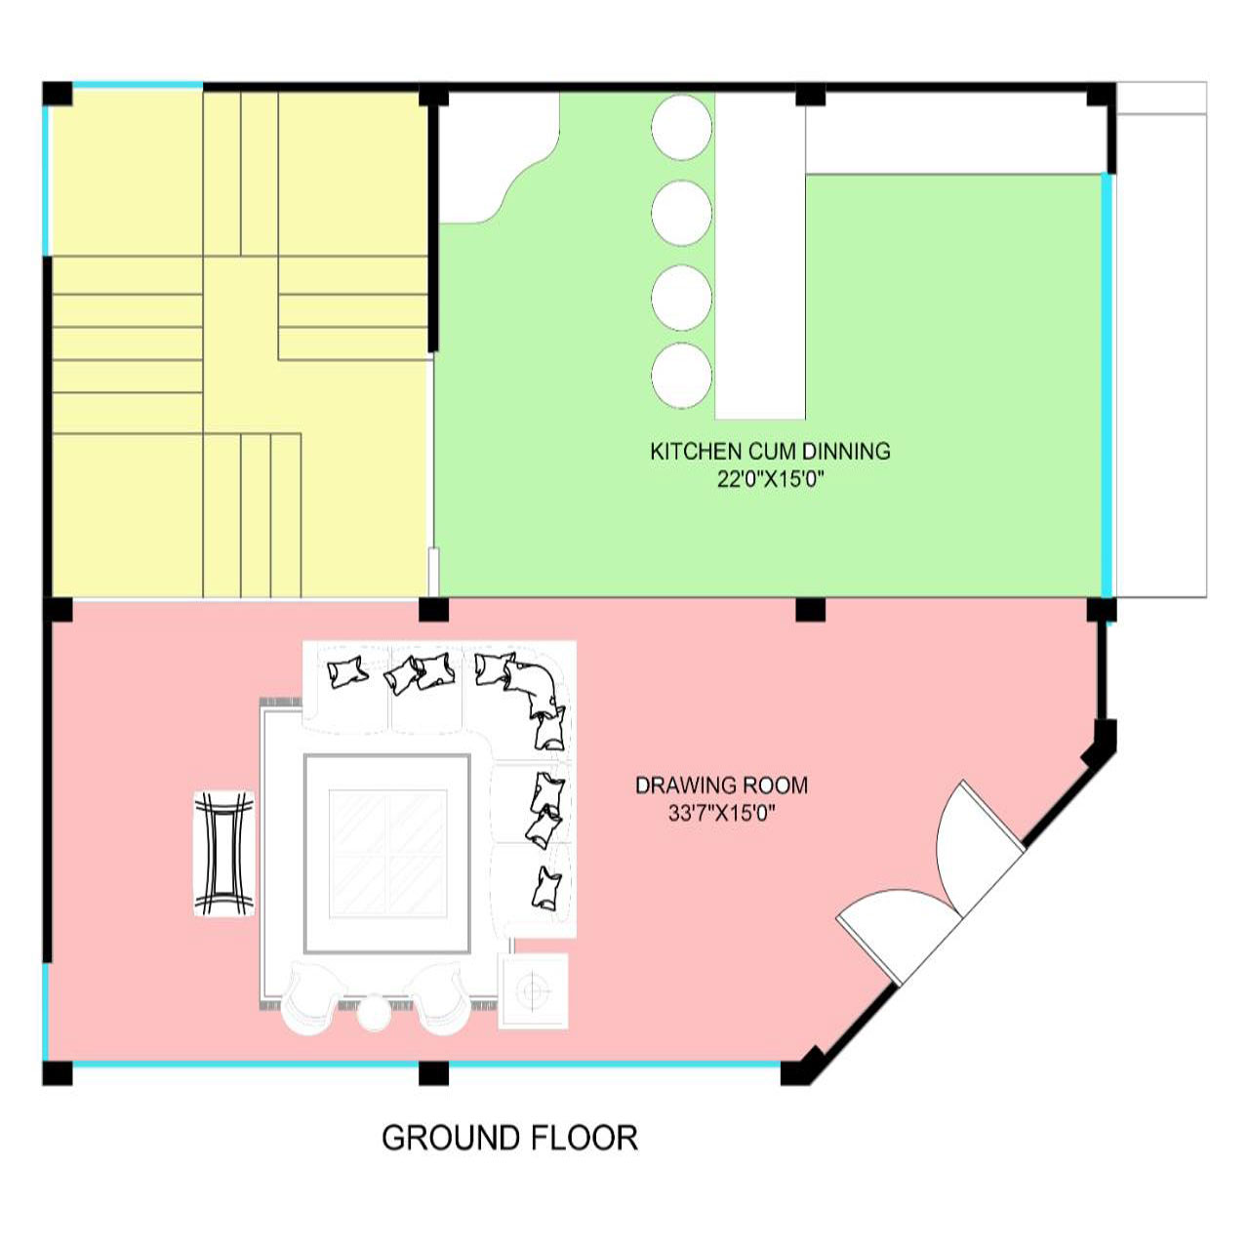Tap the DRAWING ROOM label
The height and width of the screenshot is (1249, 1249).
coord(721,786)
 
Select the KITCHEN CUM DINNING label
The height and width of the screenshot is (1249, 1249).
coord(770,451)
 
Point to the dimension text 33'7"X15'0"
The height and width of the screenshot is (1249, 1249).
coord(721,813)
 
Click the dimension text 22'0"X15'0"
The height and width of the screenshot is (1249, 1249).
coord(770,480)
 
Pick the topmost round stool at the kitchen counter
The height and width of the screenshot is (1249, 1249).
coord(681,127)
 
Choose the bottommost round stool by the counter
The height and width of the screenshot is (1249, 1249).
coord(681,376)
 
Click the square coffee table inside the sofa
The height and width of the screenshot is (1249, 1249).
coord(387,854)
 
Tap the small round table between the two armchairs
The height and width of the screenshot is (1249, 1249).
coord(374,1013)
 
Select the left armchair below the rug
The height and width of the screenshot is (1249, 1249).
coord(312,999)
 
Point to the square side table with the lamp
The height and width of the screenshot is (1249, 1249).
coord(534,990)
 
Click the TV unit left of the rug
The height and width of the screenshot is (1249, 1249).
coord(224,854)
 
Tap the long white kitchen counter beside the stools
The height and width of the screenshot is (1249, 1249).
coord(760,256)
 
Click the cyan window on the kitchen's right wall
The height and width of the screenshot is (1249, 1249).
coord(1108,385)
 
